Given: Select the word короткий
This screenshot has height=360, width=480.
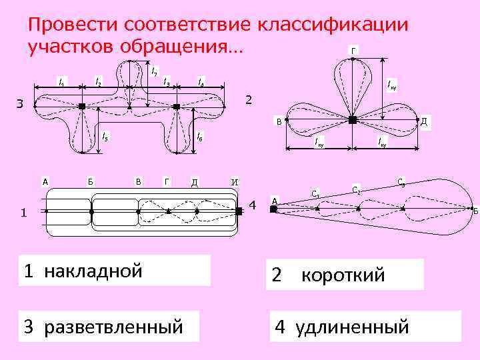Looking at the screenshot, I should point(343,275).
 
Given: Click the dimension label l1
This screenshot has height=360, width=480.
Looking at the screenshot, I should point(61,83).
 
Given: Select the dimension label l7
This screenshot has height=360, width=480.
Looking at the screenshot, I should point(155,70).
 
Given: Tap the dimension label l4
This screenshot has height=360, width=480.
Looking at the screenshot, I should point(200,83).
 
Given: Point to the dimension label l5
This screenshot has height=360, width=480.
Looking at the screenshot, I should point(105,137).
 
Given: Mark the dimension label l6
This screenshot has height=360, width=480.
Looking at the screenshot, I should point(200,137).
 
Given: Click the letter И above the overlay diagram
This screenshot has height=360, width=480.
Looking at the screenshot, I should point(234,181).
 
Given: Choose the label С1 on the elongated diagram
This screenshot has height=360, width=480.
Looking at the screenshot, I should point(316,194).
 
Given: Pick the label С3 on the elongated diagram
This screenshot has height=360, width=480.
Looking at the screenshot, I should point(400,181).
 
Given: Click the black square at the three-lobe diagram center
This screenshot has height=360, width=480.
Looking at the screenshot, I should point(353,120).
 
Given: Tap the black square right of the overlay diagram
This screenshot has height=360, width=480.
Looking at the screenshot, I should point(238,211).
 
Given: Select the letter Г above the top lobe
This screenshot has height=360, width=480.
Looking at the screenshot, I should point(353,50).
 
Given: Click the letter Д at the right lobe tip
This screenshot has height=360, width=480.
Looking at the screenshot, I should point(424,120).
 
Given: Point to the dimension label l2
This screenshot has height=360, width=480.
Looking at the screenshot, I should point(98,83).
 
